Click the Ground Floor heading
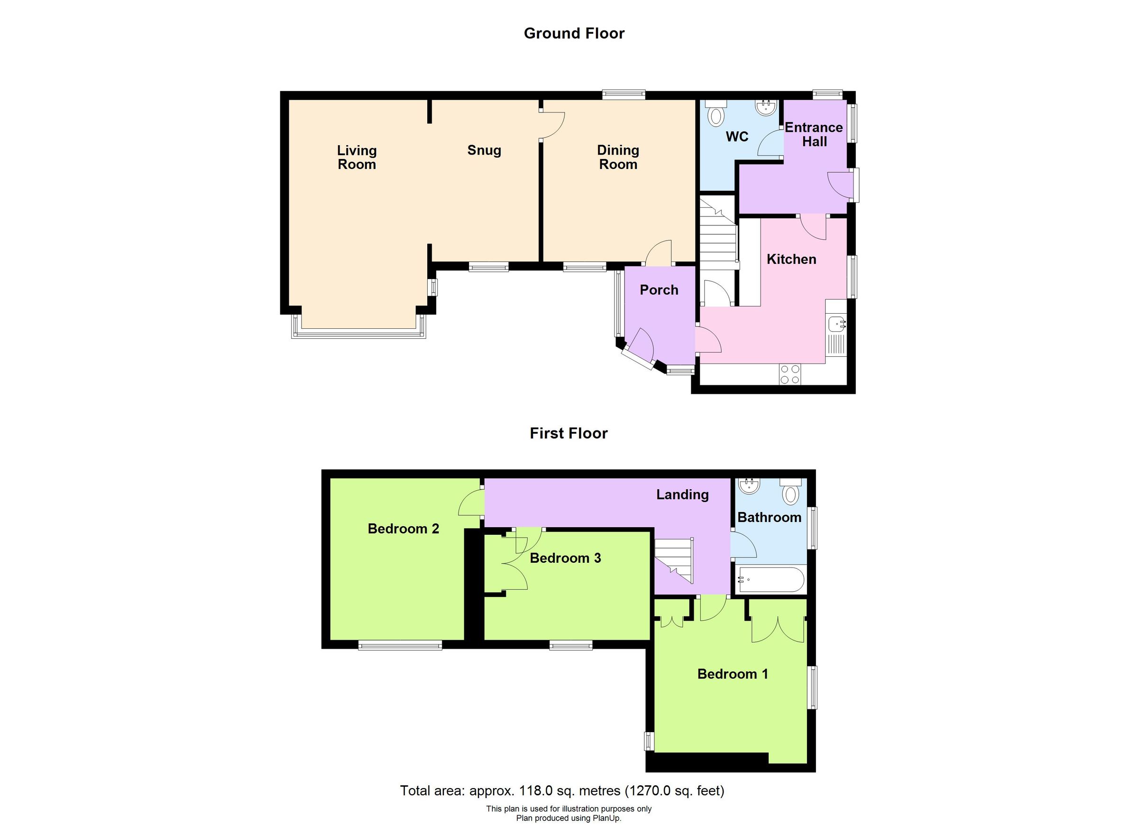pos(574,33)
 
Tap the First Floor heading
pos(569,433)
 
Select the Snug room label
pos(484,150)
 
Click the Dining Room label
pos(618,157)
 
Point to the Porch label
pos(659,290)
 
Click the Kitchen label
pos(791,259)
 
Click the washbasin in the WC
pos(766,106)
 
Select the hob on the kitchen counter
pos(790,374)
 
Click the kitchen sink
pos(836,324)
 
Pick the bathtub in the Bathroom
pos(770,580)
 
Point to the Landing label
pos(682,494)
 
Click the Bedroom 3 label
pos(565,558)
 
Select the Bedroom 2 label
pos(403,528)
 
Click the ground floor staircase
pos(718,236)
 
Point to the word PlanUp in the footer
pos(607,818)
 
